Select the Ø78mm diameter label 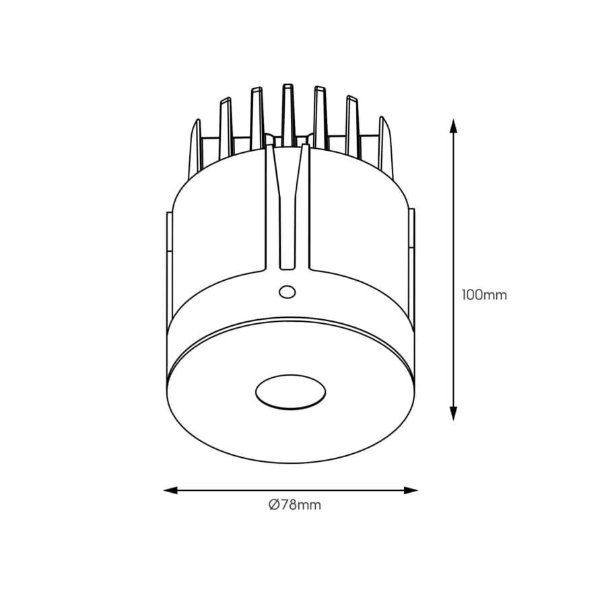coord(294,505)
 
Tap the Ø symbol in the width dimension coord(273,505)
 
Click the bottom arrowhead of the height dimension coord(453,414)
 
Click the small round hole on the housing coord(287,292)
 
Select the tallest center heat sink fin coord(288,113)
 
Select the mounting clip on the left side coord(168,269)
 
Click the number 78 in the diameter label coord(288,505)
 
